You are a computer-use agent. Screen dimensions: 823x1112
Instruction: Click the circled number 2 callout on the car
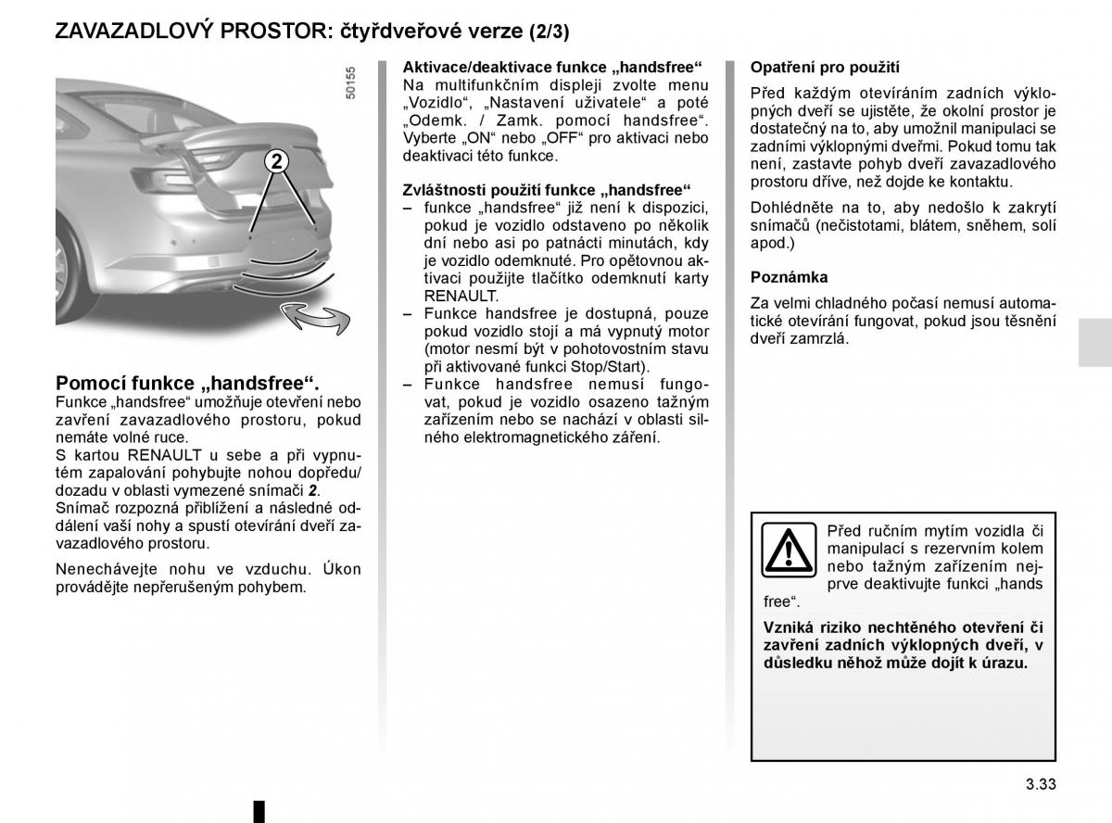[277, 162]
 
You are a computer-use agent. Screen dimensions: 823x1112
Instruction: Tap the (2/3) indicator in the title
[550, 32]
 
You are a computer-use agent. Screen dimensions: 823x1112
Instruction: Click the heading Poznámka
[789, 277]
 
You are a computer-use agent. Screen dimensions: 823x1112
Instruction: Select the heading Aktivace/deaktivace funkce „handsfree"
[552, 67]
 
